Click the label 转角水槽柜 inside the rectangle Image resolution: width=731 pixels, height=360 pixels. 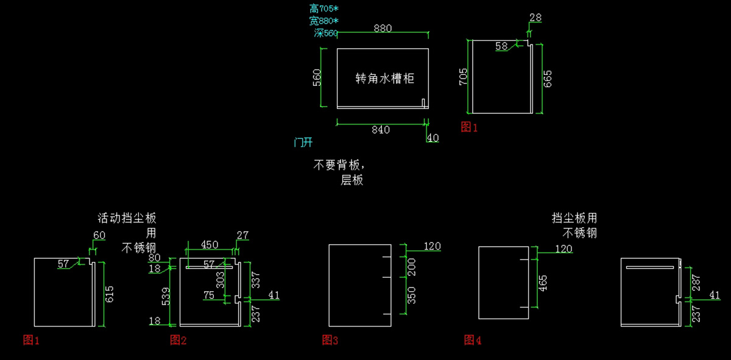(x=384, y=79)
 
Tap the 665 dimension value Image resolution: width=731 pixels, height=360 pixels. (x=547, y=80)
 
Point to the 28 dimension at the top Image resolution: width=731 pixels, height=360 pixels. (x=535, y=18)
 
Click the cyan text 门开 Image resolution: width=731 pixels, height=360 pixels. (x=303, y=143)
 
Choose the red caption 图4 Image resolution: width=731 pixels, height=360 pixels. (x=473, y=340)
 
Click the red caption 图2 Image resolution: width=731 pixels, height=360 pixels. (x=178, y=340)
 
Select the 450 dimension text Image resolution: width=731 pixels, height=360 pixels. (x=210, y=245)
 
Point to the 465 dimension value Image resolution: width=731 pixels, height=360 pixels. (x=542, y=283)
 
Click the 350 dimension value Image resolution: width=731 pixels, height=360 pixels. (x=411, y=295)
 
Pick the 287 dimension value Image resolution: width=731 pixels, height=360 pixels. (x=696, y=282)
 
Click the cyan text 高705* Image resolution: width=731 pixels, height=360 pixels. (x=323, y=9)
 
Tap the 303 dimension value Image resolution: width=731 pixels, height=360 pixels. (x=221, y=280)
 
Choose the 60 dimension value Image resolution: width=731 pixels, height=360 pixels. (x=99, y=235)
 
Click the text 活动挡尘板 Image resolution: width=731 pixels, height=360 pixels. (x=127, y=218)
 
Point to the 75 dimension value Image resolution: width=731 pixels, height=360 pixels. (x=210, y=295)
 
